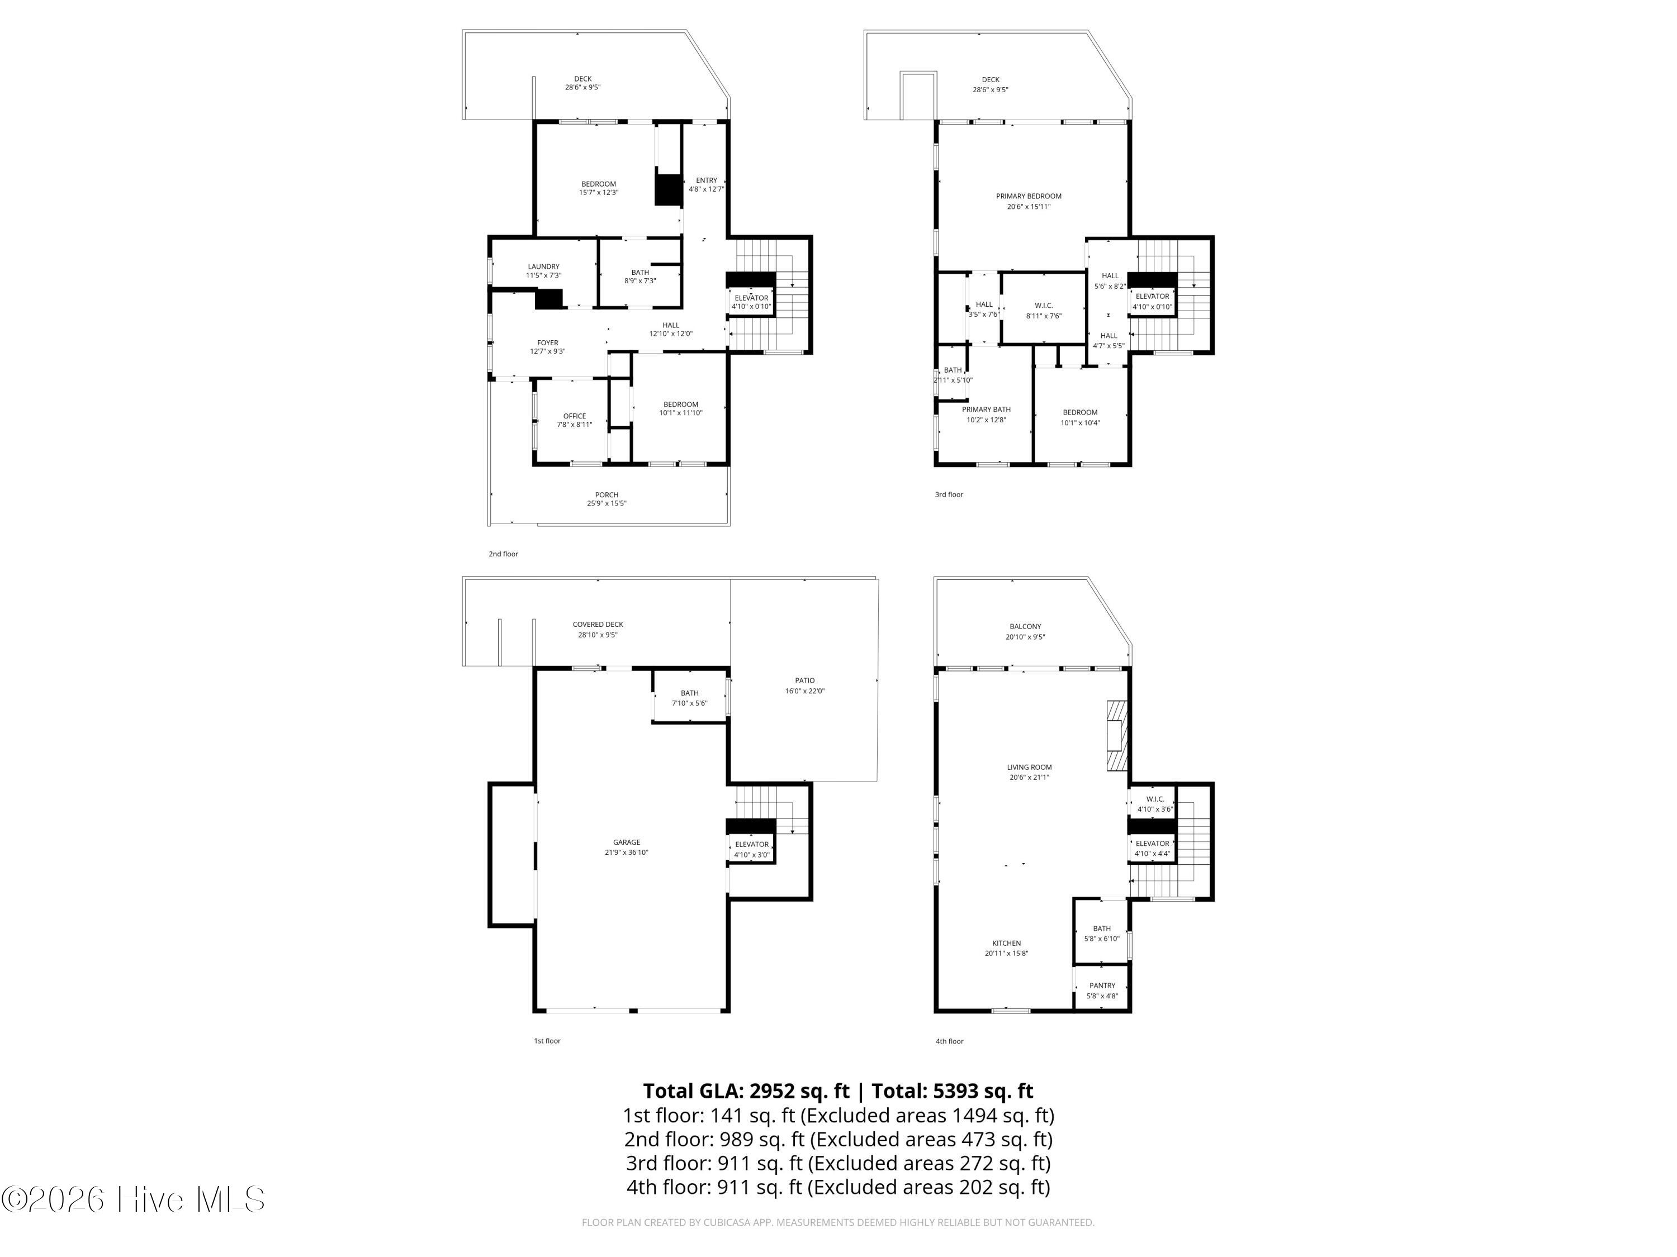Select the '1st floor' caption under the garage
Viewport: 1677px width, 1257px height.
coord(547,1041)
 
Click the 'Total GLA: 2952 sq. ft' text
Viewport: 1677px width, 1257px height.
coord(746,1091)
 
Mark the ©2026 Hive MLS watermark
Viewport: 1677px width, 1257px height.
coord(134,1199)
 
